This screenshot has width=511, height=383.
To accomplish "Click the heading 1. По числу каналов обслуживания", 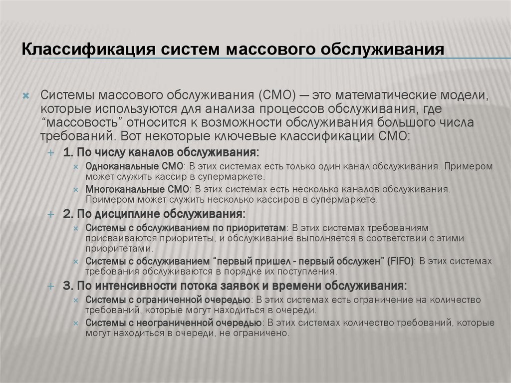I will (161, 152).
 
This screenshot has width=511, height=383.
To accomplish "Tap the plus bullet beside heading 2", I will (50, 214).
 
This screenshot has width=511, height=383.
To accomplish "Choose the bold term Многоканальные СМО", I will (138, 190).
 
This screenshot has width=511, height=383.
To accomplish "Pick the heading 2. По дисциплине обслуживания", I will (154, 214).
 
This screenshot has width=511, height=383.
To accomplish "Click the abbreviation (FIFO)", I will (401, 261).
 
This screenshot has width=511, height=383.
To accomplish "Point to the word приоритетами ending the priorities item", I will (117, 248).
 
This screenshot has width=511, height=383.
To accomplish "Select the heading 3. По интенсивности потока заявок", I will (235, 286).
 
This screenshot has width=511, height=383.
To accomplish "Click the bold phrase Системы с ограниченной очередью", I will (168, 300).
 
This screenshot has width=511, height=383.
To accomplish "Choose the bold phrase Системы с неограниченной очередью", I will (173, 323).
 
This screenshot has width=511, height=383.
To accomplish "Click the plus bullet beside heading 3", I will (50, 287).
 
